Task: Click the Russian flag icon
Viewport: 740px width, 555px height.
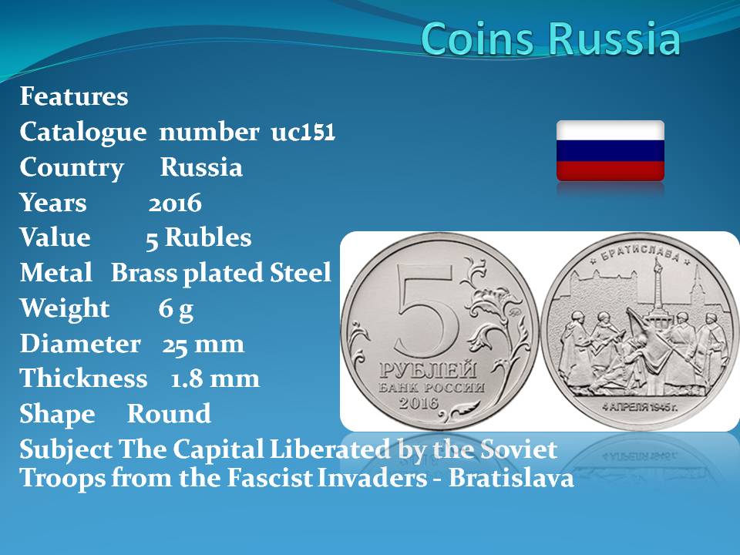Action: [610, 150]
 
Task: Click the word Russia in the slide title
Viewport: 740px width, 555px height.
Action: [615, 39]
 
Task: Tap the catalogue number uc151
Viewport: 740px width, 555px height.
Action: [303, 132]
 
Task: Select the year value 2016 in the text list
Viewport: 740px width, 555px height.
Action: [175, 203]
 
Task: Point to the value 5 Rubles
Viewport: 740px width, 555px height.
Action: [199, 237]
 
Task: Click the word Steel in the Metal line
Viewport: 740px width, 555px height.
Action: [300, 272]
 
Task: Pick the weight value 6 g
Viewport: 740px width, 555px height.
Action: [176, 309]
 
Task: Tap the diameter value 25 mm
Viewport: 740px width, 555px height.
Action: [203, 344]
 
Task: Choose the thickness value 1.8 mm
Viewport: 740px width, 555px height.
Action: [215, 378]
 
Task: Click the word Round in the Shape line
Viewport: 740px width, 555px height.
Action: [169, 414]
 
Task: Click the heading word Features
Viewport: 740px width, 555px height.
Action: [74, 96]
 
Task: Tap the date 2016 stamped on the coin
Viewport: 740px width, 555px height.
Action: [419, 402]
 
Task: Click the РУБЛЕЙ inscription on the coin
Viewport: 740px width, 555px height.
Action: [428, 371]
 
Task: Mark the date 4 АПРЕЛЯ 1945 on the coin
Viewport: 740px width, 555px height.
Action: [640, 407]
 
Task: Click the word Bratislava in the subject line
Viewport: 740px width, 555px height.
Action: [511, 478]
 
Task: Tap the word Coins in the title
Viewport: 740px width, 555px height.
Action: [481, 39]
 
